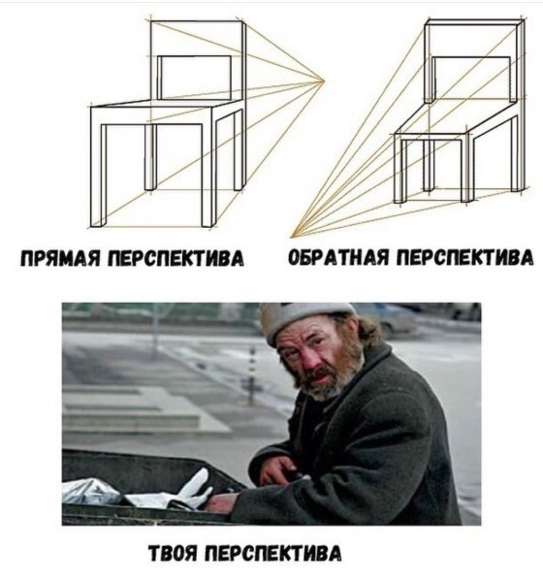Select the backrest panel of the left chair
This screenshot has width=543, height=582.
coord(194,76)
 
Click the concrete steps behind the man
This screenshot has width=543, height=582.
coord(145,407)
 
